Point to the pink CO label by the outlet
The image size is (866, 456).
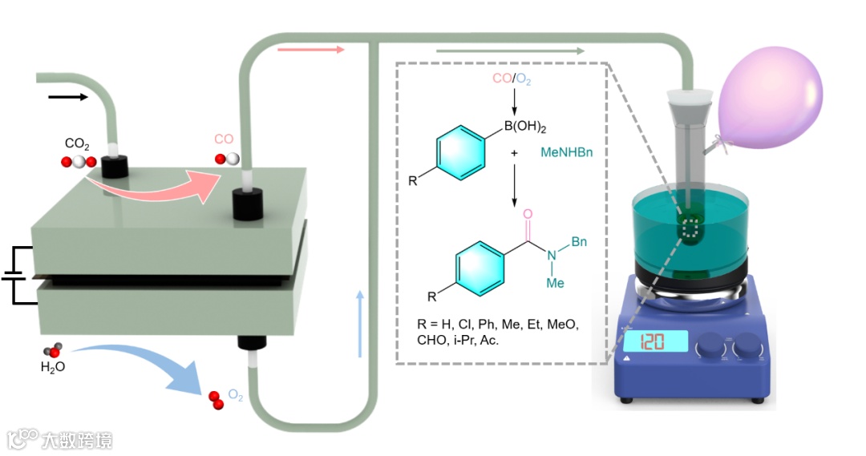[x=223, y=140]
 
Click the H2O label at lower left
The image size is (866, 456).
[x=53, y=368]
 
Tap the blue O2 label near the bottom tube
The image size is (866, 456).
[x=236, y=395]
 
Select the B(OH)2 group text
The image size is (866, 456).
[x=524, y=127]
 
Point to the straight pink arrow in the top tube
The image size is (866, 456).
[x=310, y=50]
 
